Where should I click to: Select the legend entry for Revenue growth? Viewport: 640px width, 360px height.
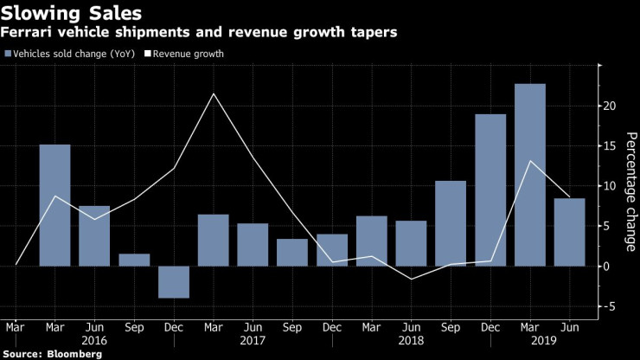(186, 54)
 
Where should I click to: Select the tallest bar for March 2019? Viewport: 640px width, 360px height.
(530, 175)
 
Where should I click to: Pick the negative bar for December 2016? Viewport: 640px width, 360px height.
(173, 282)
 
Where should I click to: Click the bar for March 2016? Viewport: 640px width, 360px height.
(54, 205)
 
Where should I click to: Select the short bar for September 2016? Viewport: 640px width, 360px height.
(134, 260)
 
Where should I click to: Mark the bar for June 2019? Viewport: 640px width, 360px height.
(569, 232)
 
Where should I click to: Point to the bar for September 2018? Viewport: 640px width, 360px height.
(451, 223)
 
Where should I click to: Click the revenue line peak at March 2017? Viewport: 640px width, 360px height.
(213, 93)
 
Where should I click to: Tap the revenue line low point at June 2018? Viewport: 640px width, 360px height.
(411, 279)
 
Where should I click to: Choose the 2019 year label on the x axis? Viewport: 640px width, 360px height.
(530, 341)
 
